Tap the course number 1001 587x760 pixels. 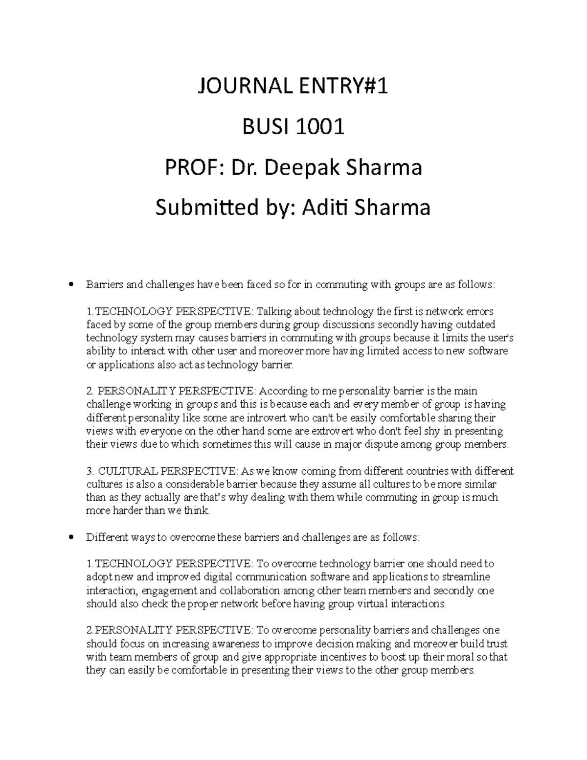(321, 128)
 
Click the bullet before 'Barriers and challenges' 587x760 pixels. (71, 284)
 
